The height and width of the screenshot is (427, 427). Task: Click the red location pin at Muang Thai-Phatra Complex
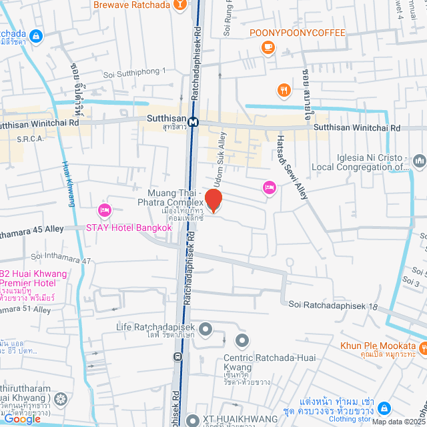point(213,199)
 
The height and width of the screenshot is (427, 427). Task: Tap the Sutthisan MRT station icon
point(193,122)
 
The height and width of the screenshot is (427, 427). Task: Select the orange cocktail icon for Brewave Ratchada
point(179,5)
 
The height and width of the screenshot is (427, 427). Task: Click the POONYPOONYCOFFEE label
point(298,33)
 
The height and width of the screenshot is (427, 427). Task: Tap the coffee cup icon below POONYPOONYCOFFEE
point(268,47)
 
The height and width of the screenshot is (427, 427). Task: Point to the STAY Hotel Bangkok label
point(129,228)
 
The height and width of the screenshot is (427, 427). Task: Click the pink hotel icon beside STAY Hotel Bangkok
point(104,211)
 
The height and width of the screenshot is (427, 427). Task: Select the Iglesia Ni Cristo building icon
point(419,161)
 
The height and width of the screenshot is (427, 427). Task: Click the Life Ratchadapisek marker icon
point(205,328)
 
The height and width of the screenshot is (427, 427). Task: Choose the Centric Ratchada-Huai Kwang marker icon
point(242,341)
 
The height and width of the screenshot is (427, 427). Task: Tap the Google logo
point(23,418)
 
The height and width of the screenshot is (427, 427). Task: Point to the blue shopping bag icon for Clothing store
point(384,407)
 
